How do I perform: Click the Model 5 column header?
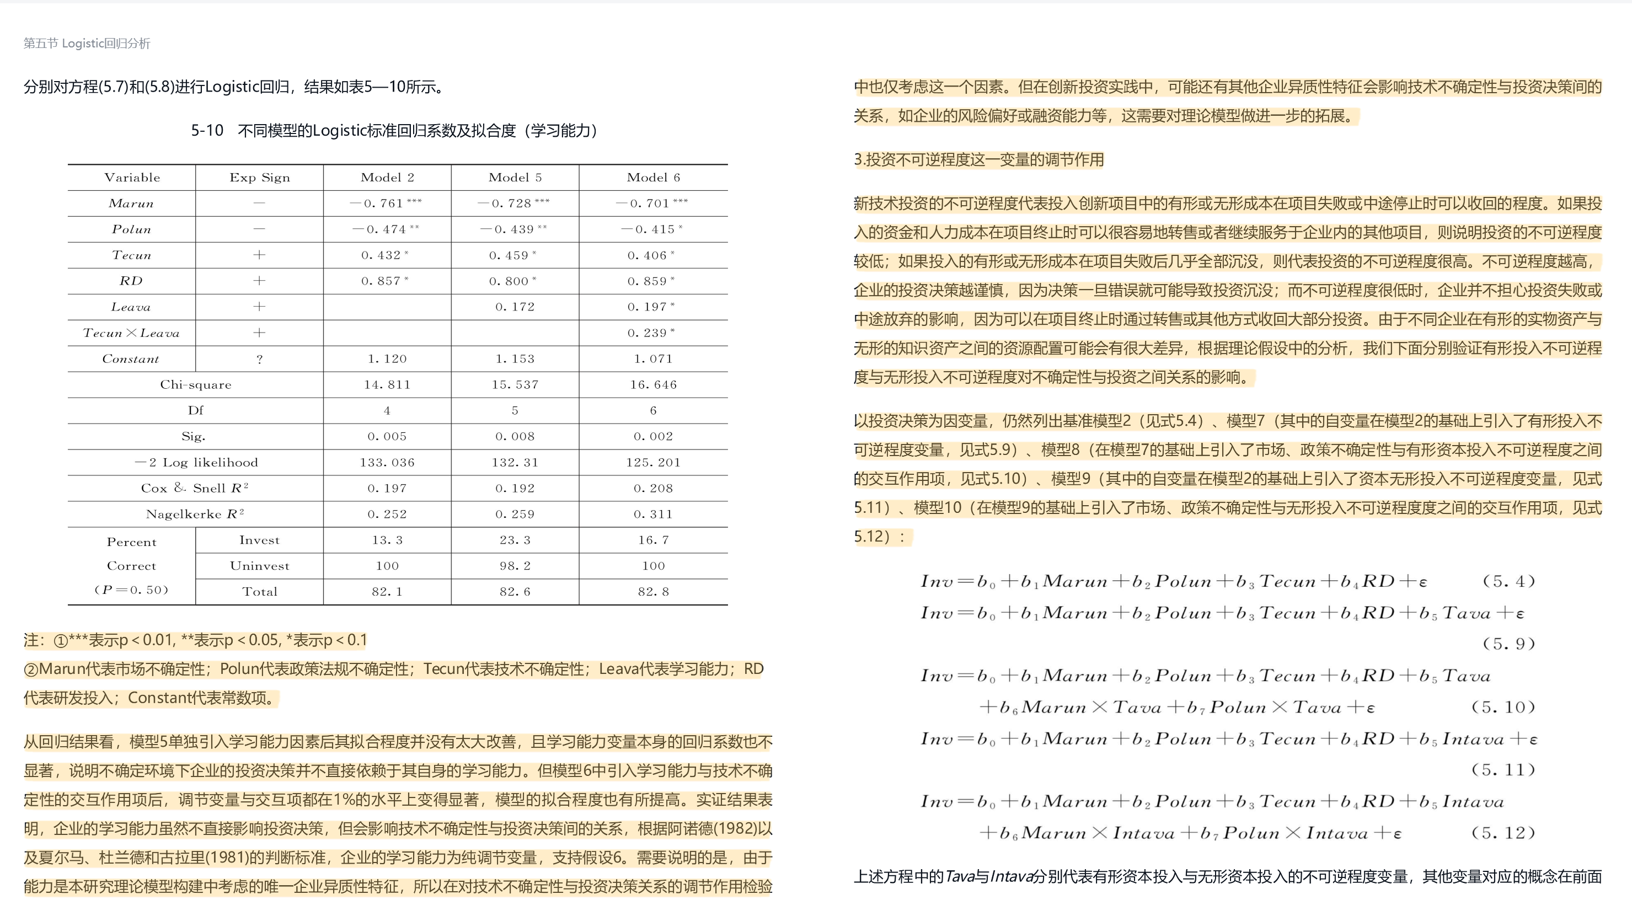(515, 178)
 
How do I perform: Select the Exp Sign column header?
(259, 178)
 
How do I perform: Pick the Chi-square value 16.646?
(652, 384)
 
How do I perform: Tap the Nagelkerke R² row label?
(195, 514)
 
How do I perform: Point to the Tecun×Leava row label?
(131, 333)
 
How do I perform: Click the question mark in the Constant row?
(259, 359)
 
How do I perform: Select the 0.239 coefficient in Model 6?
(651, 333)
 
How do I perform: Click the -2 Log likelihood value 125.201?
(652, 462)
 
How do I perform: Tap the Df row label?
(195, 410)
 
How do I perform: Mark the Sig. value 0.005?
(387, 436)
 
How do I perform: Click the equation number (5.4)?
(1508, 581)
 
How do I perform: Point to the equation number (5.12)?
(1503, 833)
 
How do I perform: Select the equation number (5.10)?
(1503, 707)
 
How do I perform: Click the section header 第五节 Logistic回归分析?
(87, 44)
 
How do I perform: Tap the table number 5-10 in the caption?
(207, 131)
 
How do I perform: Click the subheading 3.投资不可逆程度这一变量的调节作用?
(978, 159)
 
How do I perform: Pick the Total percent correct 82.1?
(387, 592)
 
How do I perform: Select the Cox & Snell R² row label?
(195, 488)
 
